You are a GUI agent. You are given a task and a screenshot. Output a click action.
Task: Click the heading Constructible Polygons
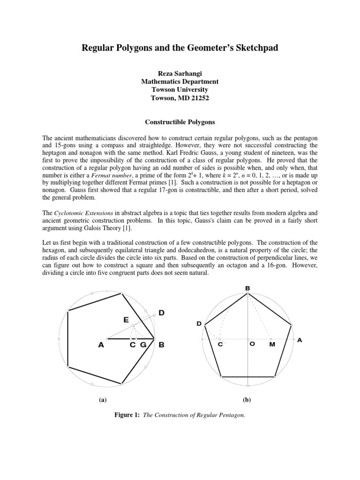point(180,121)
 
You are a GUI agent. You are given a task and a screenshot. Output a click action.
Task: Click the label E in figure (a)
point(126,320)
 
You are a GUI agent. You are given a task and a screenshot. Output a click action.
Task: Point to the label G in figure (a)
point(143,345)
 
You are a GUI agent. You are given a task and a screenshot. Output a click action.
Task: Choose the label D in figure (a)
point(162,313)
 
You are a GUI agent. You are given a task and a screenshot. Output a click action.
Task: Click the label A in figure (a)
point(100,345)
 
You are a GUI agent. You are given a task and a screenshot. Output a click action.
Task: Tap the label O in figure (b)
point(252,344)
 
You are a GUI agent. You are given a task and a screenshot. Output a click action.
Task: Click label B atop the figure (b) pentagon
point(247,288)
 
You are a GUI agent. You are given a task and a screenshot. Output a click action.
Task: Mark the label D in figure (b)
point(199,324)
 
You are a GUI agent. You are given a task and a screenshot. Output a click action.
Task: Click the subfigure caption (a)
point(102,400)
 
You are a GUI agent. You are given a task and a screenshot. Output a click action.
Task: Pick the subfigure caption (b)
point(247,400)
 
